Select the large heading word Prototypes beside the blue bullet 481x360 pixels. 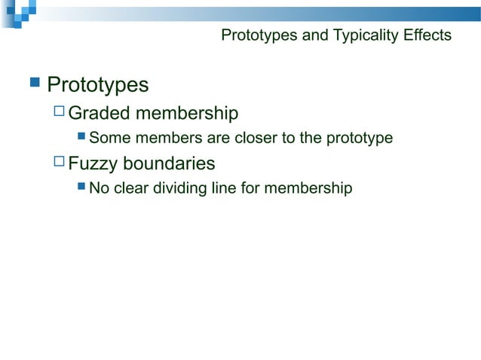click(x=98, y=84)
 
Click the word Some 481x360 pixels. click(x=109, y=139)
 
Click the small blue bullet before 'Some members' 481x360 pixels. click(x=82, y=138)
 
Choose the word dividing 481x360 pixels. click(x=180, y=188)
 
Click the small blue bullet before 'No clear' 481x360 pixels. click(x=82, y=188)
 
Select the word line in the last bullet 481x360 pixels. click(x=224, y=188)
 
